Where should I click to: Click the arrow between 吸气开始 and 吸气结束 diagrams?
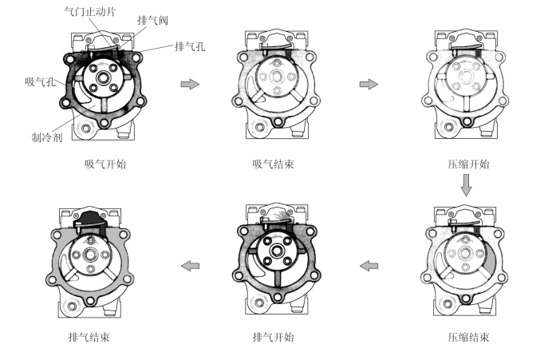click(x=190, y=83)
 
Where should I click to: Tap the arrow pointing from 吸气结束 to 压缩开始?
click(x=369, y=83)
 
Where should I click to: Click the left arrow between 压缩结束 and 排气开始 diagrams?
click(x=369, y=265)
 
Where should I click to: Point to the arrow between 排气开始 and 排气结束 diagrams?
click(x=189, y=265)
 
